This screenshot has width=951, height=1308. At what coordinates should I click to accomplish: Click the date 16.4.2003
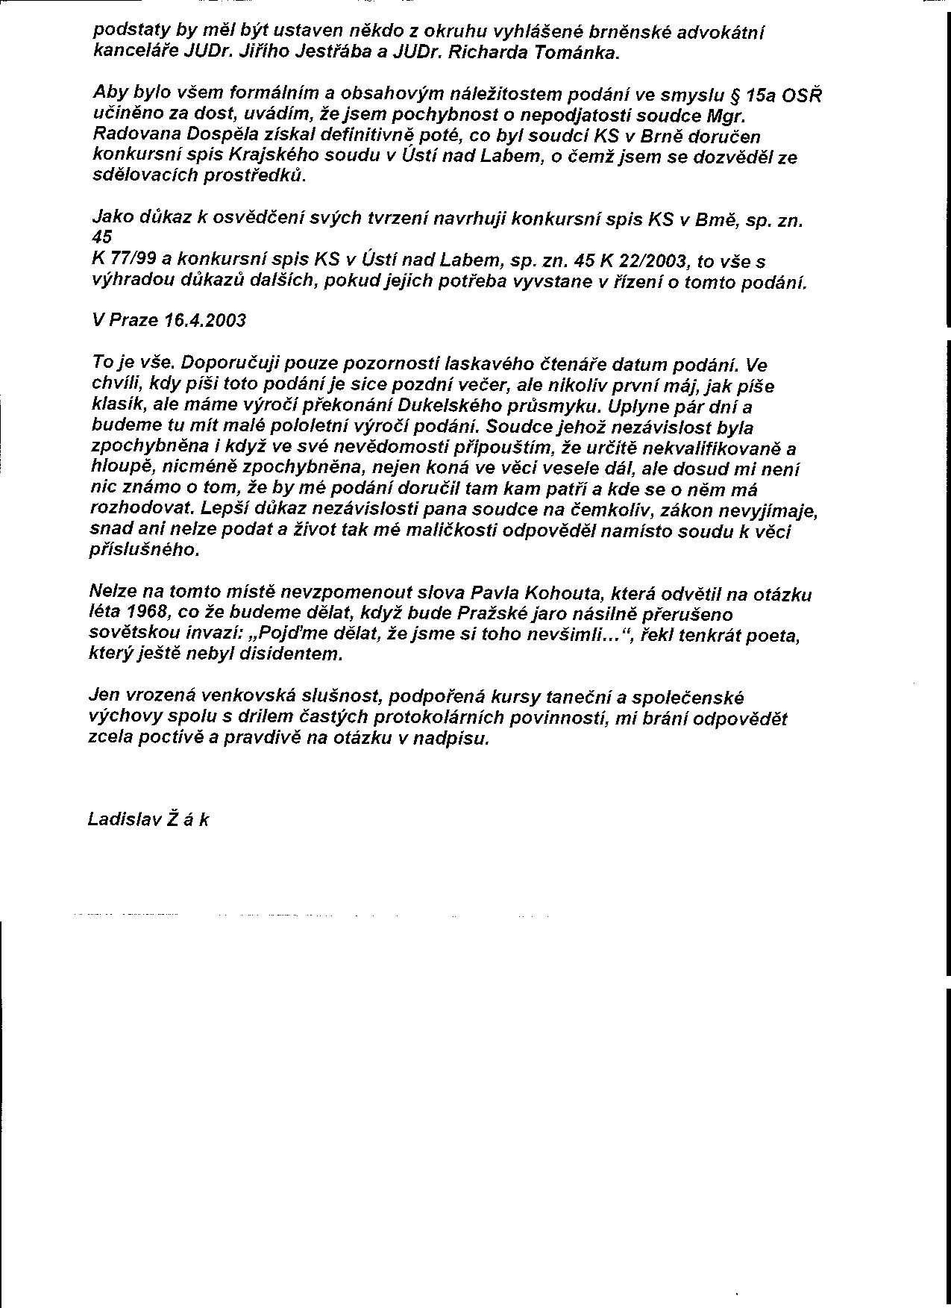click(205, 320)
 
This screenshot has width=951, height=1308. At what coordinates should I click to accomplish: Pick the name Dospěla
click(201, 137)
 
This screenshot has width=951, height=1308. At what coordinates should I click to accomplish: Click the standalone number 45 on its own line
click(102, 237)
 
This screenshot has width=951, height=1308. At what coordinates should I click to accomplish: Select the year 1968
click(141, 614)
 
